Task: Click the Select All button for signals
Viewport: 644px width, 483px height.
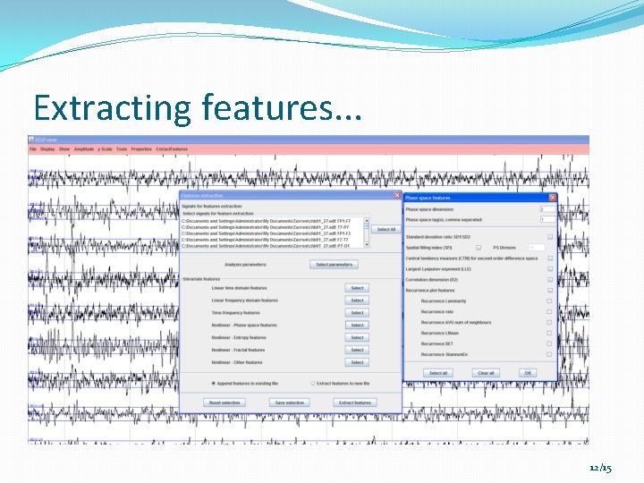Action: click(x=386, y=229)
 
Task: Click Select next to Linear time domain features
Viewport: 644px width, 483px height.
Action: click(x=357, y=288)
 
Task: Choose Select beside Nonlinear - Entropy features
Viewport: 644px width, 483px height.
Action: click(x=357, y=338)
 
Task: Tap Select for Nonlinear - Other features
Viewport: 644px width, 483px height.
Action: click(x=357, y=362)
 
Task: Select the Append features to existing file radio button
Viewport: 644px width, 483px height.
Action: click(x=212, y=383)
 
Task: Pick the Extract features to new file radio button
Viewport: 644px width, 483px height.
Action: click(x=312, y=383)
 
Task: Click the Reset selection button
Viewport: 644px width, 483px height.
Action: click(x=225, y=402)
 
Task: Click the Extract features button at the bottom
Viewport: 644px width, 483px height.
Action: click(x=355, y=402)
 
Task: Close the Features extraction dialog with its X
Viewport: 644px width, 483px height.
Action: click(x=397, y=195)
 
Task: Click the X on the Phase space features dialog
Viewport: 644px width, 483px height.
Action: click(x=552, y=198)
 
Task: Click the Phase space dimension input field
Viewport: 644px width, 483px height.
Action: click(x=545, y=209)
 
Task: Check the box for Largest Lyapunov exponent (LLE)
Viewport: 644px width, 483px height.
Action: click(x=550, y=268)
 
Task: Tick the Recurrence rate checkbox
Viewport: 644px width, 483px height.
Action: click(x=550, y=312)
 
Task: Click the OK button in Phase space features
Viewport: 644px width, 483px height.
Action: click(x=528, y=373)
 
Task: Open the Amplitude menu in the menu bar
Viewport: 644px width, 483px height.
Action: click(x=84, y=149)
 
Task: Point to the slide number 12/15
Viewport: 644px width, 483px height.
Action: click(x=601, y=468)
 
